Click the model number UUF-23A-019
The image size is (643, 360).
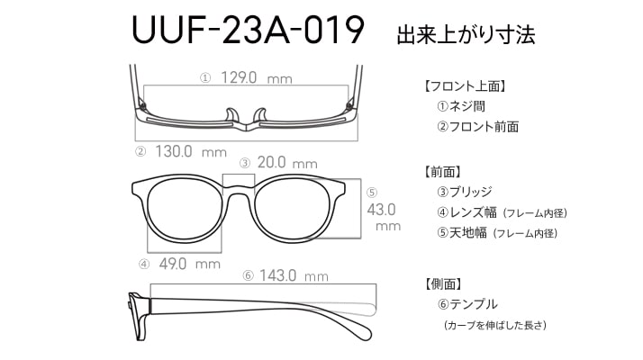(x=248, y=30)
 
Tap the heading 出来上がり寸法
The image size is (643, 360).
(x=466, y=35)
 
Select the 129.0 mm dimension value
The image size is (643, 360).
(x=257, y=77)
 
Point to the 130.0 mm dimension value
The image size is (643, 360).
(x=191, y=152)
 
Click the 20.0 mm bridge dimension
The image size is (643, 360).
(x=287, y=162)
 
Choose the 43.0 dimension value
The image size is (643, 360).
(x=381, y=210)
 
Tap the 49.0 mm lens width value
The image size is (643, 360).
(x=190, y=264)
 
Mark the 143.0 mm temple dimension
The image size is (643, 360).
(x=294, y=275)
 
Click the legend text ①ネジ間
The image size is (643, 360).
(x=461, y=106)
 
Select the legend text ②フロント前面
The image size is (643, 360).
(x=477, y=127)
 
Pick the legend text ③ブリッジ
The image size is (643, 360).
(x=464, y=192)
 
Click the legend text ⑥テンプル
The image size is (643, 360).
(x=467, y=304)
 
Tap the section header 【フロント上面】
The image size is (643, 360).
(x=464, y=86)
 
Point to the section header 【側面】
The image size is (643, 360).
(x=442, y=283)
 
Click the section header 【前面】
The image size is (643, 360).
(x=442, y=172)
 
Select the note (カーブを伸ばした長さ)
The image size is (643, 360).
(x=495, y=326)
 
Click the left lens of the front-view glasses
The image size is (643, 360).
(x=185, y=211)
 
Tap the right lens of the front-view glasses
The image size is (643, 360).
(x=292, y=211)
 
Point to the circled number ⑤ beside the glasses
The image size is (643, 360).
(x=372, y=193)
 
